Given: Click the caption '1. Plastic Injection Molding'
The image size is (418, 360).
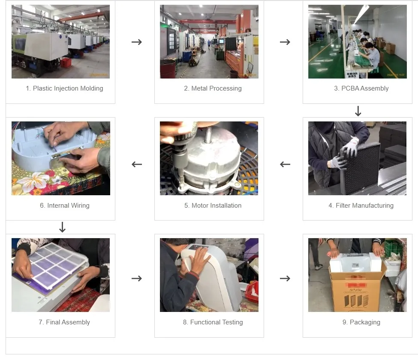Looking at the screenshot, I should coord(64,88).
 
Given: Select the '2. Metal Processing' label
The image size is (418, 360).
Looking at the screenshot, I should coord(213,88).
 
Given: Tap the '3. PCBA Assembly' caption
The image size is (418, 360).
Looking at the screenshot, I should coord(361,88).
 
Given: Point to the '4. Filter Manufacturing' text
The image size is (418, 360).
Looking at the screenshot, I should coord(361,206).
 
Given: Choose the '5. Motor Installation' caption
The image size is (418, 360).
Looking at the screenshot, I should coord(213,206).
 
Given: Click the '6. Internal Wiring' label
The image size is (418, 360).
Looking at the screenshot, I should coord(64,206).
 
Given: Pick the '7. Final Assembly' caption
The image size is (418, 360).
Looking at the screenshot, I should coord(64,322).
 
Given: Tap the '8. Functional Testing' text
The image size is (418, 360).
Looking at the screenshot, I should coord(213,322).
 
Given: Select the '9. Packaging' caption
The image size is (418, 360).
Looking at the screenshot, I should coord(361,322).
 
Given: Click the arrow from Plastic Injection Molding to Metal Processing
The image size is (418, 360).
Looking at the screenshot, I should coord(137,42).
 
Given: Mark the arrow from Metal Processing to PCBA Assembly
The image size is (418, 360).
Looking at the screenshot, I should coord(285,42).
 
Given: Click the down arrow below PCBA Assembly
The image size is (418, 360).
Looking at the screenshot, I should coord(358,112).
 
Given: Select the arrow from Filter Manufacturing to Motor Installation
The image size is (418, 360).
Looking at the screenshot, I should coord(285,164).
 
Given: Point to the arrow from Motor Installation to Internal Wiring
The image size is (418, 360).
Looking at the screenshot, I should coord(137,164).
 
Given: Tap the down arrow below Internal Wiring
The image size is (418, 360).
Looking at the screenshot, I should coord(62,227).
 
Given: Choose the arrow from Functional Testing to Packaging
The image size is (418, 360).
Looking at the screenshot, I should coord(285,278).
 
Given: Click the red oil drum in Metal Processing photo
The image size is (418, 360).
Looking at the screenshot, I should coord(168,69).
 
